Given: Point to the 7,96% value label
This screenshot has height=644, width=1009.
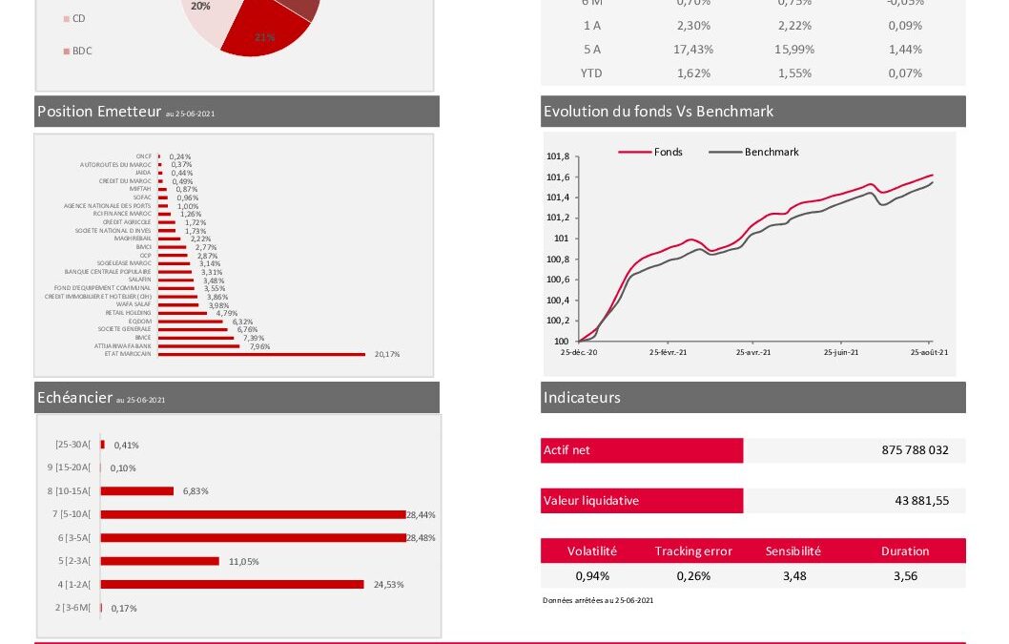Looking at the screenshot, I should point(259,346).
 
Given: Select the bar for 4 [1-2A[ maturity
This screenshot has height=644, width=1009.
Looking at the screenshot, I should point(232,584).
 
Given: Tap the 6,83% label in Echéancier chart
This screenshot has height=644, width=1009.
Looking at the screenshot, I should point(195,491).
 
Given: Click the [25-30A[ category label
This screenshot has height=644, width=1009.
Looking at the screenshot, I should point(73,445).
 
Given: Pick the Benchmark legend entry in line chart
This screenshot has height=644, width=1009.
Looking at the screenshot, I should point(771,152).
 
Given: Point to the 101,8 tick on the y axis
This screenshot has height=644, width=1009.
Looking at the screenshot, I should point(557,157).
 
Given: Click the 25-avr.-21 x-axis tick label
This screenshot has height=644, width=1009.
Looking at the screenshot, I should point(753,352).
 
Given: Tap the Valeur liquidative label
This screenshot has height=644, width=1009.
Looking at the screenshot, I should point(591,501).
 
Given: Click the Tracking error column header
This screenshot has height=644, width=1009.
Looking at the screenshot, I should point(693,551).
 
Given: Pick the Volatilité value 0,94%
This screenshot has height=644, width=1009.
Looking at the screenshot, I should point(592,576).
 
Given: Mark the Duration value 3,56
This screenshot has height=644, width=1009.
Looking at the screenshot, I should point(905,576).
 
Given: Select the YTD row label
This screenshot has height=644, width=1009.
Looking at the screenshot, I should point(591,73).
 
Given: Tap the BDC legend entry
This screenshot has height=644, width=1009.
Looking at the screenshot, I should point(82,51).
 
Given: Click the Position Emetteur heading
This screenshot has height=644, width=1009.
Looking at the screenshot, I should point(99,112).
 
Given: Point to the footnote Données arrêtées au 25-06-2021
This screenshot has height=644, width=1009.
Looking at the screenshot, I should point(598,600).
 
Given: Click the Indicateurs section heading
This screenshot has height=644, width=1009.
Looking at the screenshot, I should point(582,398).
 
